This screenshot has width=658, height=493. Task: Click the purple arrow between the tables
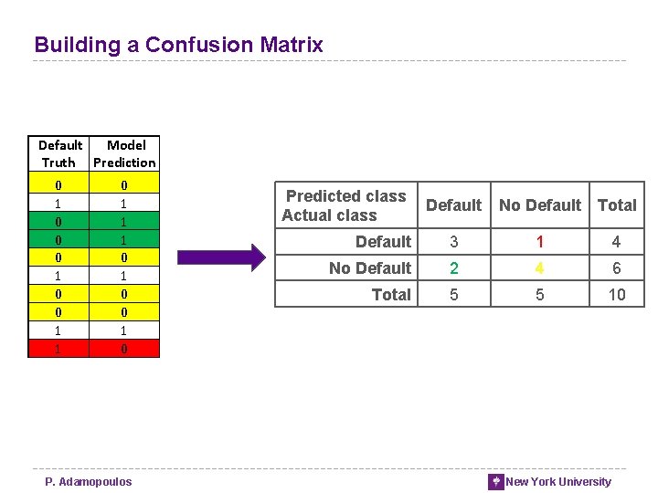tap(219, 258)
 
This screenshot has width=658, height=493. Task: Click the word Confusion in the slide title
tap(199, 45)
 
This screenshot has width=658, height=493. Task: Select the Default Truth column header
tap(60, 153)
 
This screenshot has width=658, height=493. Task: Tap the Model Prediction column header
tap(125, 153)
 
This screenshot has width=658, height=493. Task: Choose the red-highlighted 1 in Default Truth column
tap(59, 349)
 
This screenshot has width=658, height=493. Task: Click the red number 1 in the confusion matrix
tap(540, 242)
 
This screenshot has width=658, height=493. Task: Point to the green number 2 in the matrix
tap(453, 268)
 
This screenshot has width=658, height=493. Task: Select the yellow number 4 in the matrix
tap(540, 268)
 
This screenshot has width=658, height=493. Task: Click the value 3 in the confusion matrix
tap(453, 242)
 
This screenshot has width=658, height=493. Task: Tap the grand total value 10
tap(617, 295)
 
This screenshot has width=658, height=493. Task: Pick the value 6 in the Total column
tap(617, 268)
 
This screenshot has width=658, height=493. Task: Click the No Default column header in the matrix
tap(540, 205)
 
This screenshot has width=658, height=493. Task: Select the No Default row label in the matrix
tap(370, 268)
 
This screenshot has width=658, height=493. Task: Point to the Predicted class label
tap(345, 196)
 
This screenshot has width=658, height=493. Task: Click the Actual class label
tap(329, 215)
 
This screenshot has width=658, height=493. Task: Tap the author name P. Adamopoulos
tap(89, 482)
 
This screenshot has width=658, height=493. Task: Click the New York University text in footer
tap(558, 482)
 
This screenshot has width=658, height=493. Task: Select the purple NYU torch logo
tap(495, 482)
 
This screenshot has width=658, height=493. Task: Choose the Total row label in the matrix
tap(391, 295)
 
